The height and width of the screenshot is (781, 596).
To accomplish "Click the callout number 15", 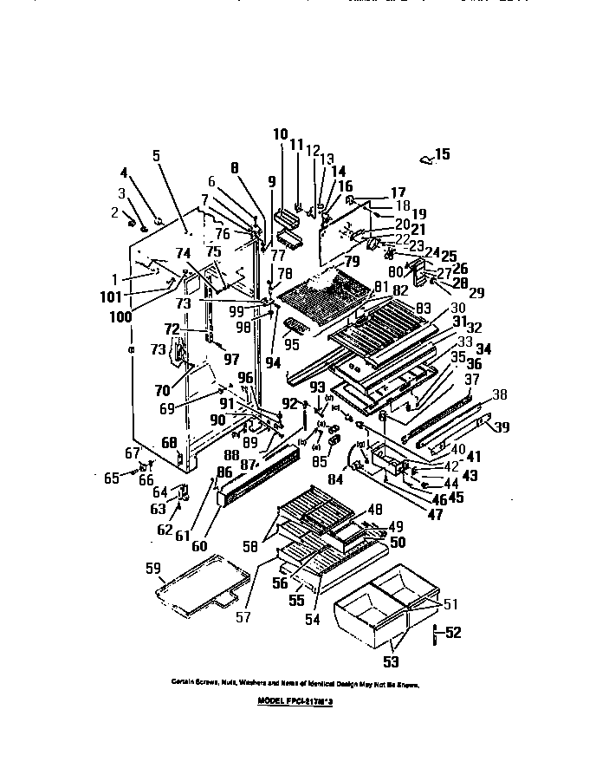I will pyautogui.click(x=443, y=155).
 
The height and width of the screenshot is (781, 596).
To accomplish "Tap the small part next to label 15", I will pyautogui.click(x=424, y=159).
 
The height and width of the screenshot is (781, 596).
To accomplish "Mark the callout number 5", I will pyautogui.click(x=156, y=156).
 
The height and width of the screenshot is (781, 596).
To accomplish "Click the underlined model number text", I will pyautogui.click(x=295, y=705).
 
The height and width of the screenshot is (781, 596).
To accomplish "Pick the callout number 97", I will pyautogui.click(x=230, y=359).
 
